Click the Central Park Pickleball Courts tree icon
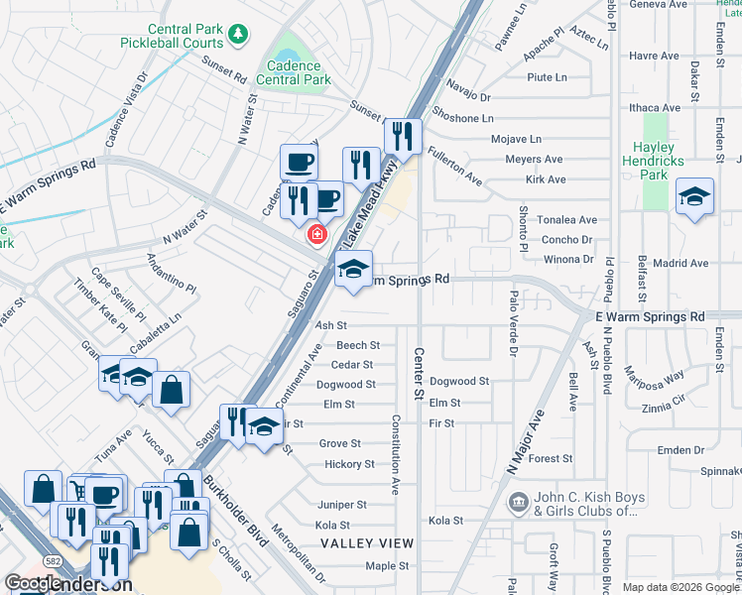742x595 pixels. click(238, 37)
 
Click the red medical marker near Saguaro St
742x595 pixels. click(316, 235)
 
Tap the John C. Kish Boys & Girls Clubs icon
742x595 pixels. click(518, 504)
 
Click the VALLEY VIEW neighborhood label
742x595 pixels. click(367, 543)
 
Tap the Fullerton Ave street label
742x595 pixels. click(454, 167)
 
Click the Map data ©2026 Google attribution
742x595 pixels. click(680, 587)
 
